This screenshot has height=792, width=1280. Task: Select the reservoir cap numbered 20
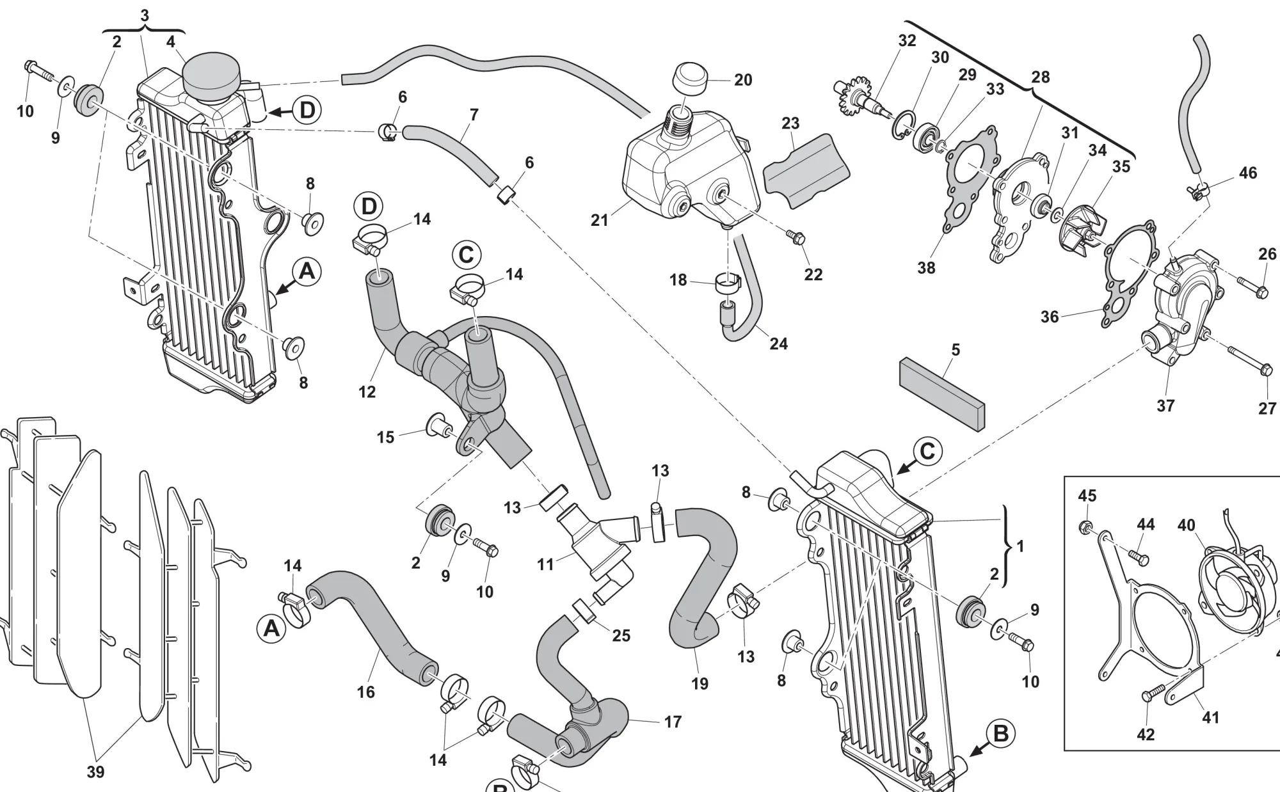click(689, 79)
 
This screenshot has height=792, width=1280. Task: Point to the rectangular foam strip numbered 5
click(943, 393)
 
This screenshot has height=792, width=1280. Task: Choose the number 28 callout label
click(1041, 77)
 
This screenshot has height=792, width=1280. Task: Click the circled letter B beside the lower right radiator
click(1000, 734)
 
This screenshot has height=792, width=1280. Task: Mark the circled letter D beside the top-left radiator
click(307, 110)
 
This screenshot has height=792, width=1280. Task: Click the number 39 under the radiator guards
click(95, 772)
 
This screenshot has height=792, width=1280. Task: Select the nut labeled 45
click(1086, 527)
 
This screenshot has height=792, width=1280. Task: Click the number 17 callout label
click(673, 722)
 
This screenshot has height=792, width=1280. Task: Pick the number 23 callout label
click(790, 123)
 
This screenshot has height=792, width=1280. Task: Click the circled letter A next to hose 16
click(271, 629)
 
